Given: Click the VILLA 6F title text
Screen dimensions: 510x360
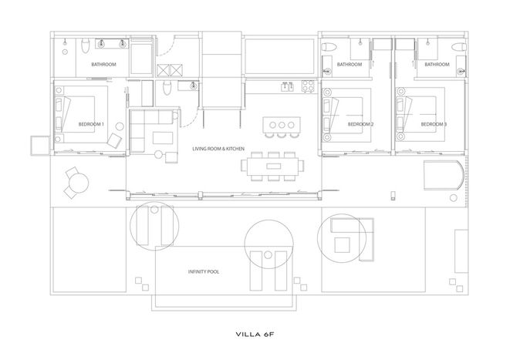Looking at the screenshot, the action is [255, 334].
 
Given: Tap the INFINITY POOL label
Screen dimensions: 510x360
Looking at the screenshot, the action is [204, 271].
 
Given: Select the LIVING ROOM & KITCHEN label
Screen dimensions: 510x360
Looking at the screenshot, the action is [218, 149].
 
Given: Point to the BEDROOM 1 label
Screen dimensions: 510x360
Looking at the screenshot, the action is [91, 124].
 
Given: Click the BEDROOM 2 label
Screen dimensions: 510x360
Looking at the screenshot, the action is [360, 124].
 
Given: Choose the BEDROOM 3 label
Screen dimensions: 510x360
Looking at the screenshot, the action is [434, 124].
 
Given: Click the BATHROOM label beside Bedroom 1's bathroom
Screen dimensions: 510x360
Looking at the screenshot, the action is [103, 64].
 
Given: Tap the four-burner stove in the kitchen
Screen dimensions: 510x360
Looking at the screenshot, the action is [308, 86].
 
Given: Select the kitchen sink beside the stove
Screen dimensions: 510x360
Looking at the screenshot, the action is [287, 87].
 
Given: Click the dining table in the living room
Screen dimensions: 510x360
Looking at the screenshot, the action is [273, 166].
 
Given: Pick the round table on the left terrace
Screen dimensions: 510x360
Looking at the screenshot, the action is [79, 183].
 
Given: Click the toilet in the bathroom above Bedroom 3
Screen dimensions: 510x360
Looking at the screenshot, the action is [459, 47].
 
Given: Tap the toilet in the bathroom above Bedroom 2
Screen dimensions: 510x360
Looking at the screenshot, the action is [329, 47].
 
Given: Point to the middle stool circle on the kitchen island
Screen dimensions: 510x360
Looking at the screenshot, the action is [282, 125].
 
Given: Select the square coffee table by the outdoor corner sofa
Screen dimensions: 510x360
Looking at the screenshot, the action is [342, 245].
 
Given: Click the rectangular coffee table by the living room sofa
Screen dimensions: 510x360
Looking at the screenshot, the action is [163, 137].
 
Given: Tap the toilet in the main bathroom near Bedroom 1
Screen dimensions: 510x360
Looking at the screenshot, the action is [86, 46].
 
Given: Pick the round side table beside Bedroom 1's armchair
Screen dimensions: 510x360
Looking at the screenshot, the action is [120, 126].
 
